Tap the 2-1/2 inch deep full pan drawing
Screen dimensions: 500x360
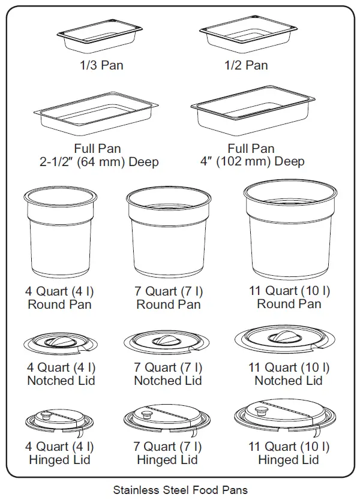point(97,117)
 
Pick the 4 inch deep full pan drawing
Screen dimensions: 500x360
point(252,115)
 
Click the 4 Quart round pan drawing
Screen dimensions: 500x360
point(59,234)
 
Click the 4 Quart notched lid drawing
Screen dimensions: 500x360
point(59,344)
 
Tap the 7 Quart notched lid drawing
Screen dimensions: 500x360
point(167,343)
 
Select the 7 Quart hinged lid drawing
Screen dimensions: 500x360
point(167,421)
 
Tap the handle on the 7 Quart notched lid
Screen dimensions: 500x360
point(164,341)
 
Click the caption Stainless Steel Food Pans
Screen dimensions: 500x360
point(180,490)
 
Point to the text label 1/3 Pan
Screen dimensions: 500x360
point(101,65)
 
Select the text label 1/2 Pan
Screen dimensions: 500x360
point(246,65)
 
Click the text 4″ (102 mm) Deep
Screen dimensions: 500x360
point(252,161)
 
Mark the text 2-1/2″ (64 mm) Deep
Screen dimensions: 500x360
point(97,162)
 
